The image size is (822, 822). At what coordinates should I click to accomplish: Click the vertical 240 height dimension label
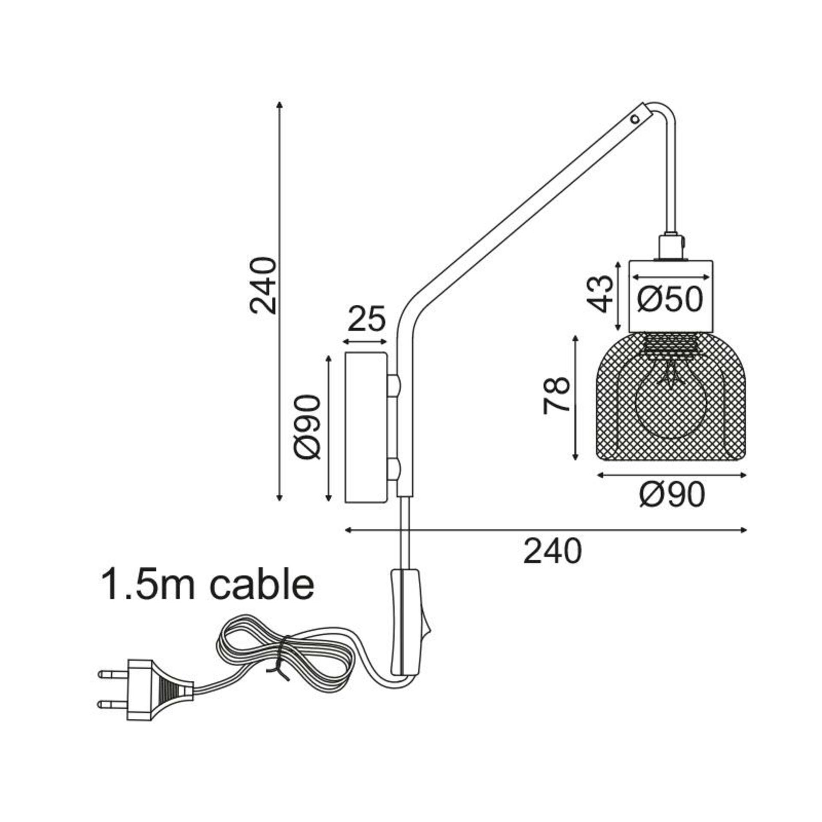(263, 286)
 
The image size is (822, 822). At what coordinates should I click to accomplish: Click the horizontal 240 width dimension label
(552, 551)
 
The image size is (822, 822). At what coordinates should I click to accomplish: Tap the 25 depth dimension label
(366, 319)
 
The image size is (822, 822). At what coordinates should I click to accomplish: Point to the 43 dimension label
(600, 294)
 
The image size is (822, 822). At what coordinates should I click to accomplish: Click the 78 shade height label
(557, 396)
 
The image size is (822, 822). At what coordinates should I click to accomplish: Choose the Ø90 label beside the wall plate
(307, 427)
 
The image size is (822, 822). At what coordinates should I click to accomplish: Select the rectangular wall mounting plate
(366, 427)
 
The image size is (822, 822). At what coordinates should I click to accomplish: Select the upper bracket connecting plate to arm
(393, 385)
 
